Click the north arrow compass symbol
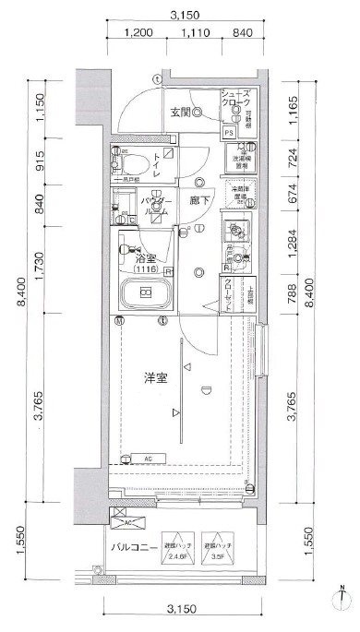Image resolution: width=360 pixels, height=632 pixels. click(x=342, y=602)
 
